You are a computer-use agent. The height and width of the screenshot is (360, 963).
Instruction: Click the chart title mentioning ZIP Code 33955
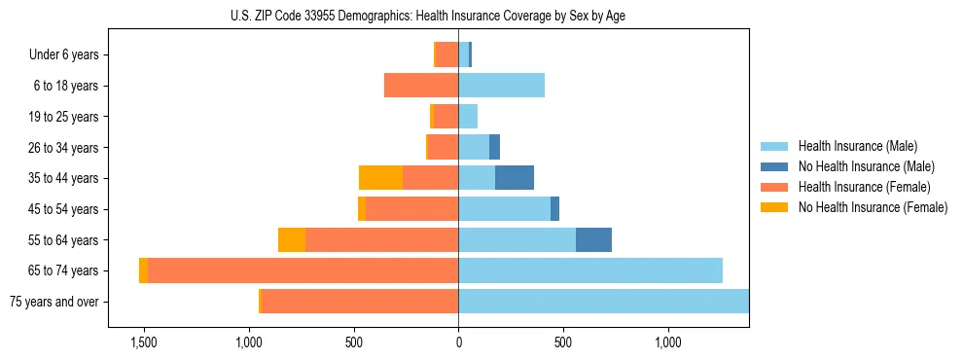pyautogui.click(x=427, y=15)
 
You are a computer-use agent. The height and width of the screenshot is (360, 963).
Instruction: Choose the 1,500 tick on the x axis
pyautogui.click(x=144, y=343)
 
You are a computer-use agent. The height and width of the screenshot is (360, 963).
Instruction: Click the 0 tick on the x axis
pyautogui.click(x=458, y=343)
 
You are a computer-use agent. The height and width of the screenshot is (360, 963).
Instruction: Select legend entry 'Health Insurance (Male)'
pyautogui.click(x=857, y=146)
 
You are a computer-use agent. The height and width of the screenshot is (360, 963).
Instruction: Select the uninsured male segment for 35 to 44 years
pyautogui.click(x=515, y=178)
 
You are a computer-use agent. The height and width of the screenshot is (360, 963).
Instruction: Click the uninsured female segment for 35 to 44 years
pyautogui.click(x=380, y=178)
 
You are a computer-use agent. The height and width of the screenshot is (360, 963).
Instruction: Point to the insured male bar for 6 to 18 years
pyautogui.click(x=501, y=86)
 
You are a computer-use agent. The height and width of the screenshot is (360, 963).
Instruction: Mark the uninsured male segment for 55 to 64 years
pyautogui.click(x=593, y=239)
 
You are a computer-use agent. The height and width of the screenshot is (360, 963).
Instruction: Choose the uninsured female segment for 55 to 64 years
pyautogui.click(x=292, y=239)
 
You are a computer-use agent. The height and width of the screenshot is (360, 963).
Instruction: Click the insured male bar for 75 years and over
pyautogui.click(x=603, y=302)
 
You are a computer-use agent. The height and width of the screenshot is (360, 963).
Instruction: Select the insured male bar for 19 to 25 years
pyautogui.click(x=468, y=117)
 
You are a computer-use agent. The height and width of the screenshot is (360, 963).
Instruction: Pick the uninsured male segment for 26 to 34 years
pyautogui.click(x=494, y=147)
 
